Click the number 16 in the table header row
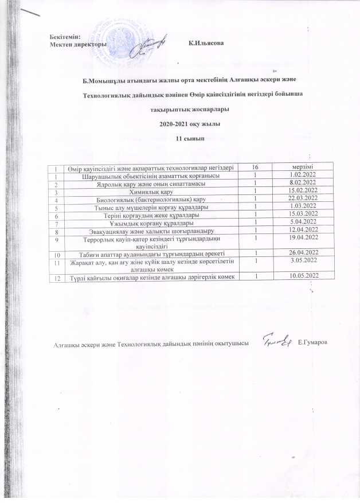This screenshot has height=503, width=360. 253,166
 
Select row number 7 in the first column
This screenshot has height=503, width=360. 56,222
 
